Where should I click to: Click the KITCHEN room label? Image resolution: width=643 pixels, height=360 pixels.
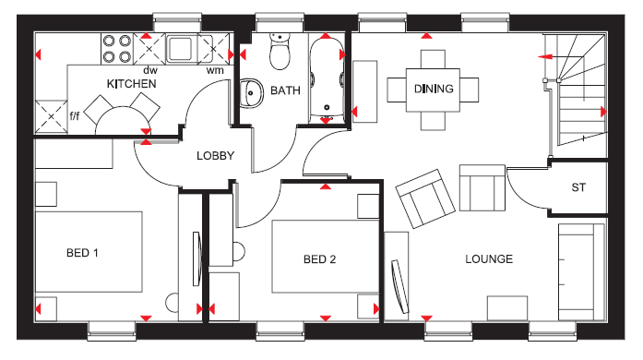coord(132,84)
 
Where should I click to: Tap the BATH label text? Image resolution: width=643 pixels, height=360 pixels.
coord(285,90)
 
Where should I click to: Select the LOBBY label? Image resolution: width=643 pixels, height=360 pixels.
coord(215,156)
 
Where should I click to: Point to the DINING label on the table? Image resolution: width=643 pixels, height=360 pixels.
coord(434,89)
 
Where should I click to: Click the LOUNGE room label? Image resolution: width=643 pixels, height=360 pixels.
coord(489,259)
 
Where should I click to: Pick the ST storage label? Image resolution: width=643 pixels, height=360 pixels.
coord(578,187)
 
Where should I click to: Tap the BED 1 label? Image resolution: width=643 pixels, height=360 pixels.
coord(82,252)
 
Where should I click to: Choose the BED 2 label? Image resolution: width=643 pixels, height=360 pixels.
coord(319,259)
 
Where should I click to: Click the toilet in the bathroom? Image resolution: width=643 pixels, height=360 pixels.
coord(280,52)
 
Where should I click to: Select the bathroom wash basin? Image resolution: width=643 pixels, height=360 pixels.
coord(251,93)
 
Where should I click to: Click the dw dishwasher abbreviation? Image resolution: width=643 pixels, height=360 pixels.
coord(150,70)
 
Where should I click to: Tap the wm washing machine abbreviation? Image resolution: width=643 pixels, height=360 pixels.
coord(215,70)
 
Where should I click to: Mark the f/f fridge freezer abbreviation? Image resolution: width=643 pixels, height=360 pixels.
coord(74,115)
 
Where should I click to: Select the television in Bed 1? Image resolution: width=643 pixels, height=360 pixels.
coord(197,258)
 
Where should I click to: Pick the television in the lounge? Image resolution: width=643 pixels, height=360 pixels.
coord(399,286)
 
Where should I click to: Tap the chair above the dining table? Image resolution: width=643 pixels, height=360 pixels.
coord(433,59)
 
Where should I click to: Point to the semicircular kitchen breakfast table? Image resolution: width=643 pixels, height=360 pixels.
coord(123,120)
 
